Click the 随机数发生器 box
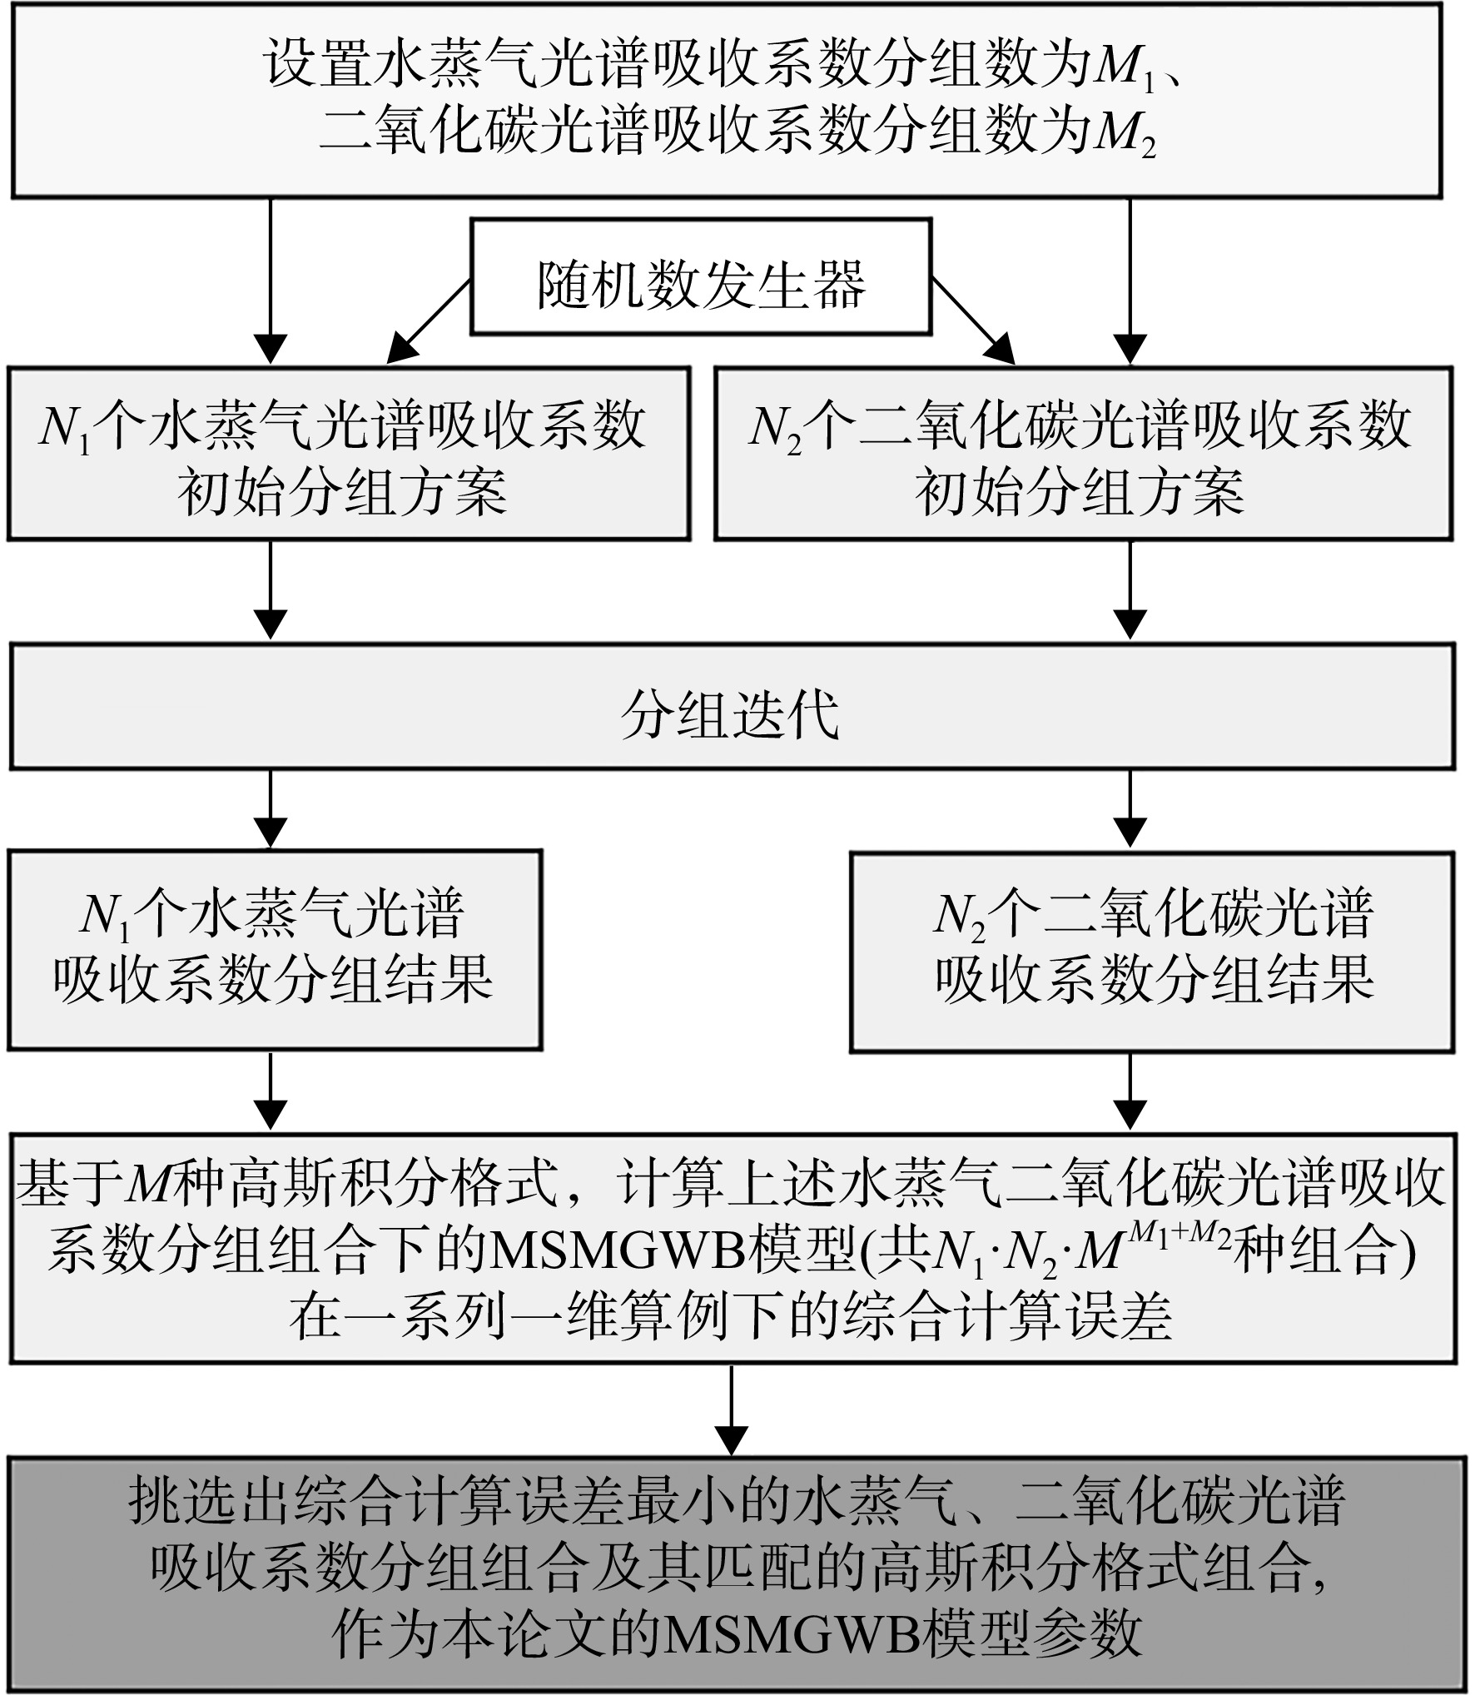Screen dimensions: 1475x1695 click(701, 276)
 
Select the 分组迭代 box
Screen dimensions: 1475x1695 click(733, 706)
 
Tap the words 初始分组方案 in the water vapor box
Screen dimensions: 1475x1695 click(342, 493)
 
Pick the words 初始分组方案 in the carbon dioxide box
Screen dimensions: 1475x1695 click(1080, 493)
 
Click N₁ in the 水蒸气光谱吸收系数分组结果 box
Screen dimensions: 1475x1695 click(105, 916)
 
